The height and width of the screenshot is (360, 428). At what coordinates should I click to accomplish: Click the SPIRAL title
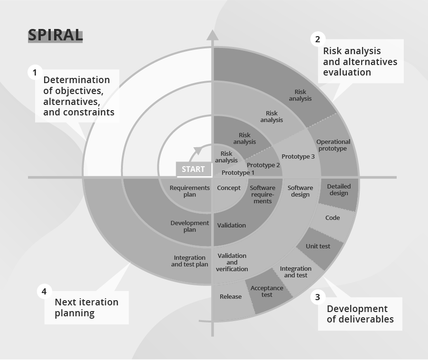(55, 35)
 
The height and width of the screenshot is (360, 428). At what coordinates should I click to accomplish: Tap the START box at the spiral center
(194, 170)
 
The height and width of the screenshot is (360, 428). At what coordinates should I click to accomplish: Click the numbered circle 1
(34, 73)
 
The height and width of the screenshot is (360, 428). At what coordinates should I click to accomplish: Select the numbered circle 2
(317, 39)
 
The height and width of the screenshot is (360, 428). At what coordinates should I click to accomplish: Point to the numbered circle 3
(317, 298)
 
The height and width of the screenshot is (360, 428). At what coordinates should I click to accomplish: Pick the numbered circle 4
(44, 292)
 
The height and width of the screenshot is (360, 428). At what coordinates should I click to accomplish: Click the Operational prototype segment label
(333, 145)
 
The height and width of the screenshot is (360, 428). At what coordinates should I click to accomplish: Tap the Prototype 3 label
(298, 156)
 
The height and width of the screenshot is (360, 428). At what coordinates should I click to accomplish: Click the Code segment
(333, 218)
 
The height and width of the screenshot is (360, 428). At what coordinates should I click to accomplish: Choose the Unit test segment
(318, 246)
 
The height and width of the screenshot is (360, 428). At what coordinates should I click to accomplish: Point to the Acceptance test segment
(267, 291)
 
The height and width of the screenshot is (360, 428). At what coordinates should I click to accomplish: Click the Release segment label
(231, 296)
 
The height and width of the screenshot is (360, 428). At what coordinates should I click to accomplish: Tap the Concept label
(229, 188)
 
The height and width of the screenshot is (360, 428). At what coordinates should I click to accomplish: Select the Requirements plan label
(189, 191)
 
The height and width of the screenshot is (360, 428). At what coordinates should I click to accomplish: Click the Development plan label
(189, 226)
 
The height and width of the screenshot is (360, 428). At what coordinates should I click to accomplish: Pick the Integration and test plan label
(189, 261)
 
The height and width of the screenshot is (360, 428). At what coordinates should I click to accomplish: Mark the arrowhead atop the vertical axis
(212, 35)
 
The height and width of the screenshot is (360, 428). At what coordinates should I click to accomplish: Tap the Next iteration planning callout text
(86, 308)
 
